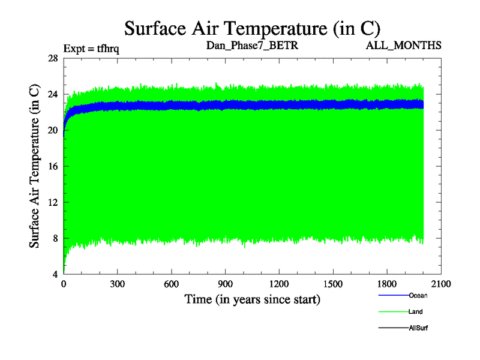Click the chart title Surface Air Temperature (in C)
pos(252,28)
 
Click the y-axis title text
pos(35,166)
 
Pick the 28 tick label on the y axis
pos(52,58)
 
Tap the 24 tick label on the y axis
pos(52,94)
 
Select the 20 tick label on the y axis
pos(52,130)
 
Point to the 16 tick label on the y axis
pos(52,166)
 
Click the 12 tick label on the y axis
pos(52,202)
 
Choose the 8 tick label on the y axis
pos(55,238)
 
